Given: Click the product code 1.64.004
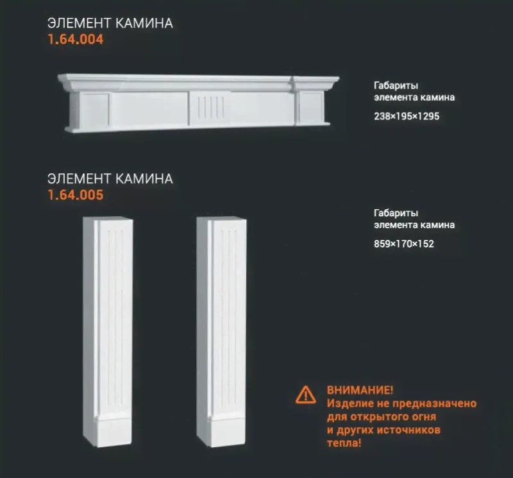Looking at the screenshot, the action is (x=76, y=39).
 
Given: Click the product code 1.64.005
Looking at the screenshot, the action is (x=76, y=195).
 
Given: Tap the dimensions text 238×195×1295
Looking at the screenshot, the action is (x=407, y=116).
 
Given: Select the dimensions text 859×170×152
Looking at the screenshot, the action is (x=404, y=244).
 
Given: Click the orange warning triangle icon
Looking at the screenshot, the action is (x=306, y=395).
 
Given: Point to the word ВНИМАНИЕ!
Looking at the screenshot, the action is (x=360, y=390).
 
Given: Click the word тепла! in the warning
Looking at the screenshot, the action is (x=344, y=443).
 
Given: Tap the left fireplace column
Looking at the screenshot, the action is (x=108, y=332).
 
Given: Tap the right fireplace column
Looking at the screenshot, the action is (x=221, y=332).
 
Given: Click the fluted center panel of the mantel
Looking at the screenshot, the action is (x=210, y=108).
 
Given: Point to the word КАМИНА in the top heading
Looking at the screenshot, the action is (x=144, y=23).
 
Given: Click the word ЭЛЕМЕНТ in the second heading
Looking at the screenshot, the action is (x=79, y=179).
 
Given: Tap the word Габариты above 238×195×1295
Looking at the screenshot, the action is (x=396, y=86).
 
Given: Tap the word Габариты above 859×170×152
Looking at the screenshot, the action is (x=396, y=213).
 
